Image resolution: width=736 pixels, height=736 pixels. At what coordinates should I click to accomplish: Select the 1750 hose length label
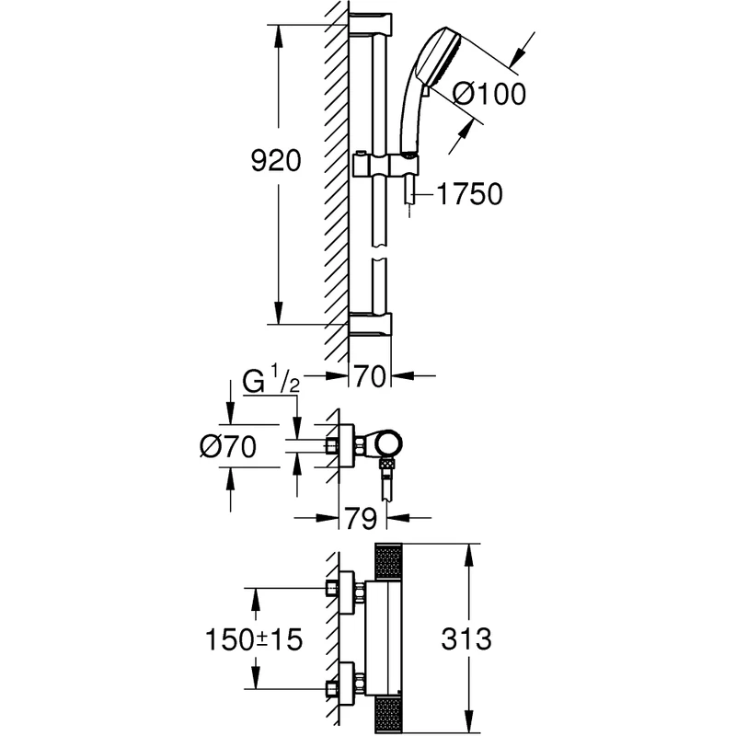click(x=469, y=194)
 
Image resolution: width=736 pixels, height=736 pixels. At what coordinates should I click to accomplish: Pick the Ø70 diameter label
click(x=226, y=446)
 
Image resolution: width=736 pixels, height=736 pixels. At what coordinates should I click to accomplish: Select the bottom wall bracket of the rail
click(x=371, y=323)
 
